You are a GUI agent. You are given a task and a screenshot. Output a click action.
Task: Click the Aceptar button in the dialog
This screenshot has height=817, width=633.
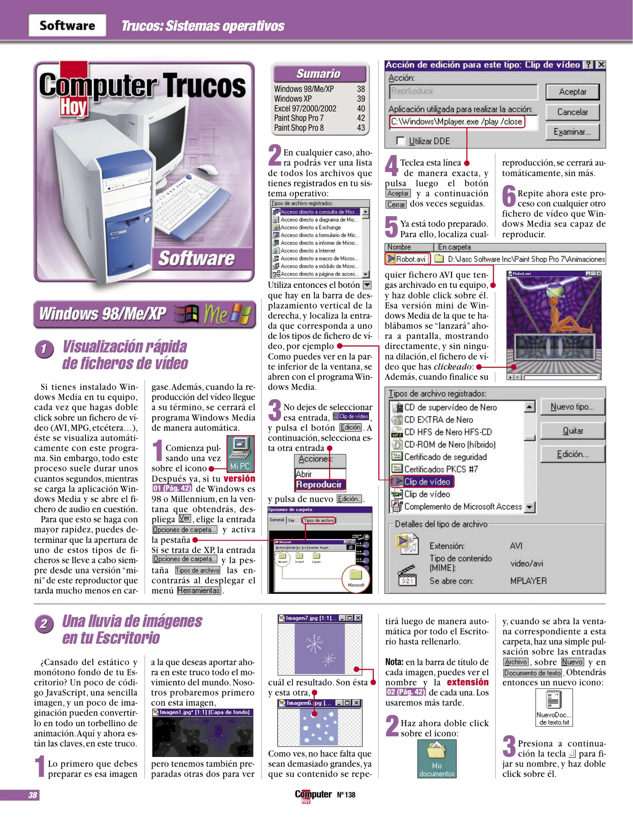572,92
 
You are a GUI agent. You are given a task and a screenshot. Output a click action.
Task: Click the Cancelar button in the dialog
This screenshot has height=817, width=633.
572,112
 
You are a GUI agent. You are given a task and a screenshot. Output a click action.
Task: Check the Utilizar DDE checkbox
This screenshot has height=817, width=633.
400,141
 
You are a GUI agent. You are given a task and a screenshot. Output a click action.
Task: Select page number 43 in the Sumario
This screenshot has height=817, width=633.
361,128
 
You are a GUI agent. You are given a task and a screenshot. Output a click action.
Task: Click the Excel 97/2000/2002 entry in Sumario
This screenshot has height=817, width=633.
305,109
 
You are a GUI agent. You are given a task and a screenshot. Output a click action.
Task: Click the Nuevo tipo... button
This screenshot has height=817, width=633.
572,407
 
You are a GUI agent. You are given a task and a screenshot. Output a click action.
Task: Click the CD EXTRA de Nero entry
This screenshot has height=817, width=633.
438,420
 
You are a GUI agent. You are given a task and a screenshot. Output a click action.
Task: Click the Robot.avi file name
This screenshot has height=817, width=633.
410,259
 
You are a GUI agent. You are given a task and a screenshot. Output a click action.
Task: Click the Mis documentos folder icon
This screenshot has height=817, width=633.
437,758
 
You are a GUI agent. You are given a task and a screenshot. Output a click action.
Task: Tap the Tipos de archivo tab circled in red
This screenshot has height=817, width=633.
319,520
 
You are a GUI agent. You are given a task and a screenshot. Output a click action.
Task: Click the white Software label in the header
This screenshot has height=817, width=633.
67,26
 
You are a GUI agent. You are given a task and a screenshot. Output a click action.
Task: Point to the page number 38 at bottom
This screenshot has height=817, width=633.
33,795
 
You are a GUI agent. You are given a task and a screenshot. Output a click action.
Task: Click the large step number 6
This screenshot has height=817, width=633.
509,196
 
